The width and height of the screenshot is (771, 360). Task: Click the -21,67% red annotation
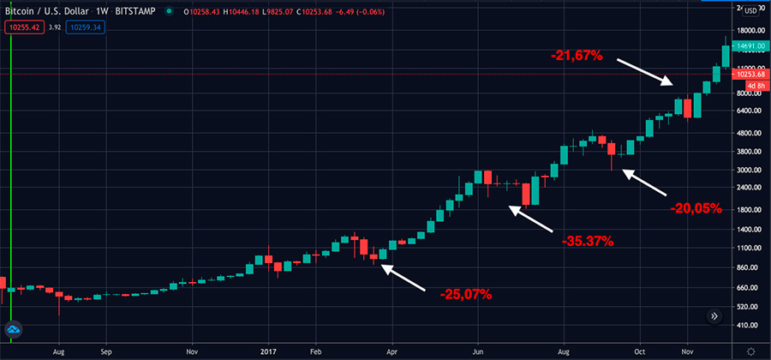click(577, 56)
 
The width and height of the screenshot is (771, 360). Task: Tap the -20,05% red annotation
click(696, 207)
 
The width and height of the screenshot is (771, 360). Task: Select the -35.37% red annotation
click(588, 241)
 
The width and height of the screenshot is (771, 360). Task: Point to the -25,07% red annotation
click(466, 295)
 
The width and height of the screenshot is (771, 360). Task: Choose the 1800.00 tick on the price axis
click(749, 209)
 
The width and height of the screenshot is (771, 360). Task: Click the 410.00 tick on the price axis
click(749, 326)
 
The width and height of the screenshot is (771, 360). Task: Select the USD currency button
click(750, 10)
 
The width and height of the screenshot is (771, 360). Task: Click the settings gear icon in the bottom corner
click(751, 351)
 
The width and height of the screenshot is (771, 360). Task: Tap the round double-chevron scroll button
click(714, 316)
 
